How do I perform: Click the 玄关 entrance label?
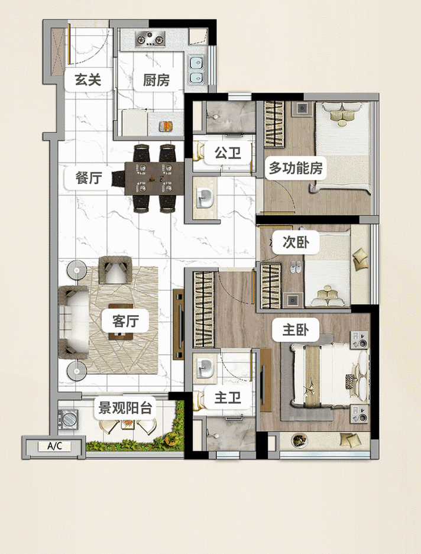[88, 80]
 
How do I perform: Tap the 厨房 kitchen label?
[156, 80]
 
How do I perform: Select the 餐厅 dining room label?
[89, 177]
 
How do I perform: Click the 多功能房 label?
[296, 169]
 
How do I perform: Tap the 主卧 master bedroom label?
[292, 330]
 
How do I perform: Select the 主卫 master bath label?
[227, 398]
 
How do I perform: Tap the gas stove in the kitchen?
[150, 40]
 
